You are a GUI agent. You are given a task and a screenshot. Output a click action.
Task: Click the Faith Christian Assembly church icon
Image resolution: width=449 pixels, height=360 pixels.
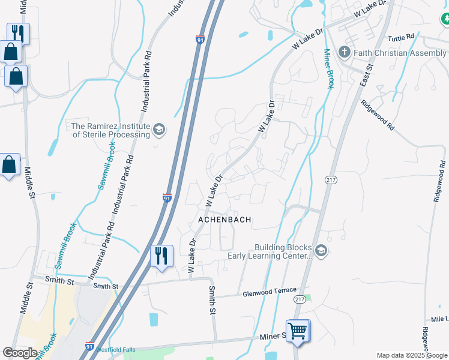click(345, 52)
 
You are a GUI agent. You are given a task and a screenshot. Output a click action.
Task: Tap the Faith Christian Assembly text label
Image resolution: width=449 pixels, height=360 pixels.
click(400, 53)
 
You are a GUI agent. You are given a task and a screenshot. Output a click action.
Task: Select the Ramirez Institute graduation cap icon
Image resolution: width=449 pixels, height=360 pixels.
click(159, 130)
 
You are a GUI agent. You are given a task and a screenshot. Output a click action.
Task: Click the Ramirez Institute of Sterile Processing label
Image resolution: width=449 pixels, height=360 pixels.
click(110, 130)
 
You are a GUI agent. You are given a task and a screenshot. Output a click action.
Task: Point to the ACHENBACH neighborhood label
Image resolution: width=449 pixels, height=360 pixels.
click(224, 220)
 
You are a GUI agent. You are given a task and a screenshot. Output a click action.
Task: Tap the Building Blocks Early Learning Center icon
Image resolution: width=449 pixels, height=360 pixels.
click(321, 251)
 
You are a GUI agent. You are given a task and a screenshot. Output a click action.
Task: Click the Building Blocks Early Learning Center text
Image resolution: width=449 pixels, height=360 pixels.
click(270, 251)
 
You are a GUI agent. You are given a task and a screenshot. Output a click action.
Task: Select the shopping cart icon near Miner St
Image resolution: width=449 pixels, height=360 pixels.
click(298, 330)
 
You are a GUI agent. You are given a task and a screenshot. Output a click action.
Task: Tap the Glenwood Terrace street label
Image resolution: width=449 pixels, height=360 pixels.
click(269, 292)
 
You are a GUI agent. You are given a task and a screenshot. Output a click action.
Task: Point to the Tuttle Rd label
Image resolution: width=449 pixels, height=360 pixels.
click(401, 37)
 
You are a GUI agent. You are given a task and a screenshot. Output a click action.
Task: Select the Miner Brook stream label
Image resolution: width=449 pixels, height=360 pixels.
click(328, 69)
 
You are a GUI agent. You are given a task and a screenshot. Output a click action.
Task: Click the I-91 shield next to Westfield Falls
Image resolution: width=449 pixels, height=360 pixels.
click(89, 347)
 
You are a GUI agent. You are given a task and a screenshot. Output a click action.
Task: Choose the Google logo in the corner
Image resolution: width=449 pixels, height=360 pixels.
click(20, 352)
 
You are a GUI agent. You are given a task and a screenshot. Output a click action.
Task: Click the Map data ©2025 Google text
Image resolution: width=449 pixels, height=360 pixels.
click(412, 355)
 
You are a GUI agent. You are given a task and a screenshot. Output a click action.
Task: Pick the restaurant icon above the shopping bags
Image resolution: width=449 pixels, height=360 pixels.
click(17, 33)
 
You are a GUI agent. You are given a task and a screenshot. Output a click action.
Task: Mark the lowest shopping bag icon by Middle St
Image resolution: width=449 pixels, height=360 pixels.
click(9, 165)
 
